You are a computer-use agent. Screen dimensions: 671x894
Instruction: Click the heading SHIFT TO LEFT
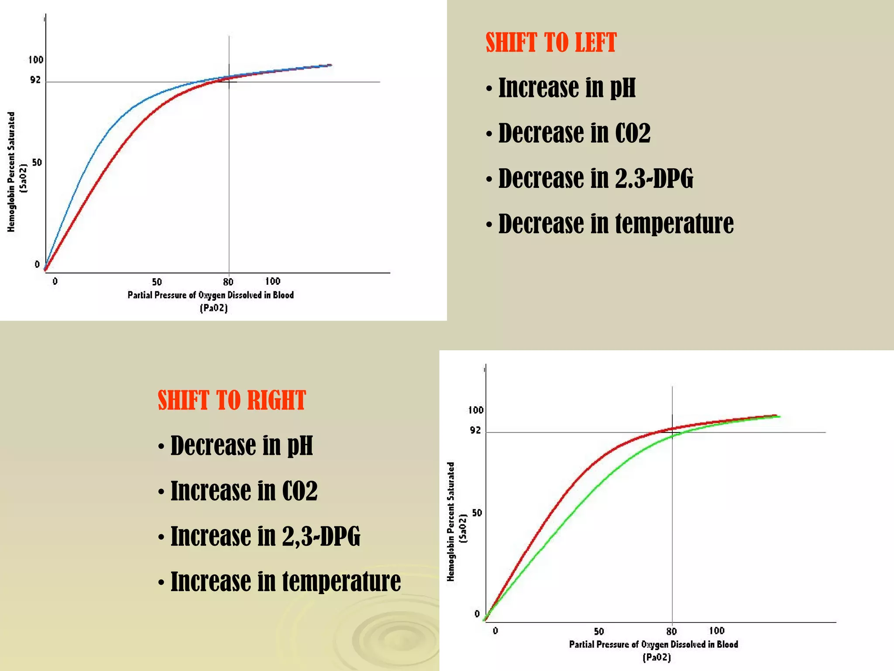point(551,43)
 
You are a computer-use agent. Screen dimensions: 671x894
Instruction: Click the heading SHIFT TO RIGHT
point(232,400)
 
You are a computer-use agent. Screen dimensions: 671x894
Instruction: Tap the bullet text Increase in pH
point(567,88)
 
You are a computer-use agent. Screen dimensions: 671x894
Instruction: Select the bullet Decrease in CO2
point(574,133)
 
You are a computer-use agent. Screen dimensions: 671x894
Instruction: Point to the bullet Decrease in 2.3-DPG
point(595,178)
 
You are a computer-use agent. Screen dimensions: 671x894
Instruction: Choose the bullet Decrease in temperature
point(615,224)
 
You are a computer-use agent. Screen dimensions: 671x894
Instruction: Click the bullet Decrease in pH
point(241,446)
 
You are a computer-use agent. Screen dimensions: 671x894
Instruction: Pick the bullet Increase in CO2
point(244,491)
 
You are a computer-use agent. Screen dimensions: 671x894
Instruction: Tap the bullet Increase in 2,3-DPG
point(265,536)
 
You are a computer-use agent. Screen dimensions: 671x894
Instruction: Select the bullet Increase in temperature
point(285,581)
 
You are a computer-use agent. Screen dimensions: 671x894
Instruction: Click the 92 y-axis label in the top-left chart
point(35,80)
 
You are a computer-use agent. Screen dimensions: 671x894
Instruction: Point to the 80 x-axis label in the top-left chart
point(228,282)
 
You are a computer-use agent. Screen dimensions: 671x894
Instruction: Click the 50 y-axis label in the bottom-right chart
point(477,513)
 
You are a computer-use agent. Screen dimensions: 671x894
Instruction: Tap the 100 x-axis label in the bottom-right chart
point(716,631)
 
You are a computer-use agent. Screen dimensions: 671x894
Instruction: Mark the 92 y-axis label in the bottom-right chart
point(475,430)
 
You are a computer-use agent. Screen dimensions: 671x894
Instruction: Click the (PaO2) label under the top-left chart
point(214,308)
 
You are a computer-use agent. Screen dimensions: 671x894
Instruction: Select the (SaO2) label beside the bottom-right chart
point(464,528)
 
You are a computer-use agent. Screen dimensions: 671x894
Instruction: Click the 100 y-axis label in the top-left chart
point(36,60)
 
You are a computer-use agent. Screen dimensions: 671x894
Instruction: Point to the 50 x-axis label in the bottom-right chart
point(599,632)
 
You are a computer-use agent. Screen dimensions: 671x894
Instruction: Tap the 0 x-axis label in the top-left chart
point(55,281)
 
